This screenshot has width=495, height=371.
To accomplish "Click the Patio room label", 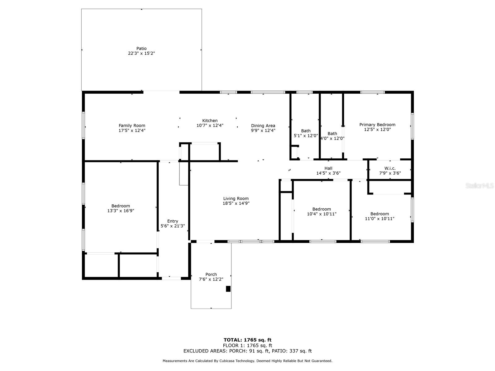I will (141, 49).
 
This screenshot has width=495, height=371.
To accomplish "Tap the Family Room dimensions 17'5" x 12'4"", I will (132, 130).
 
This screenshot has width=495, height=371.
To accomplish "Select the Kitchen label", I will (210, 121).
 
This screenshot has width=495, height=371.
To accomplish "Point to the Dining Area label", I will (263, 126).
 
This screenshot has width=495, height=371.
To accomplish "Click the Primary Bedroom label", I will (377, 125).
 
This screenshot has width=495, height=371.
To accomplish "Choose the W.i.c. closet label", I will (390, 168).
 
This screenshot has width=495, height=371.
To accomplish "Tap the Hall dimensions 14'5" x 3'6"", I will (328, 173).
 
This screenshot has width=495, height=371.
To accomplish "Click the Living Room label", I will (236, 198).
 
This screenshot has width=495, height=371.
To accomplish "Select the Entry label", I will (173, 221).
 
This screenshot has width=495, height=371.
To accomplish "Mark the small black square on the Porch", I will (228, 289).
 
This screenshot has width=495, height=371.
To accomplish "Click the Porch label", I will (211, 274).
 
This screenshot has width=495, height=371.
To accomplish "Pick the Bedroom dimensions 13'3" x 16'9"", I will (121, 211).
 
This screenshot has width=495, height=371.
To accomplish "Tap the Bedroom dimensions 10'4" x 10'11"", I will (321, 214).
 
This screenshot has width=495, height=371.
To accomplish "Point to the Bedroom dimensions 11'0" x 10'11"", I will (380, 219).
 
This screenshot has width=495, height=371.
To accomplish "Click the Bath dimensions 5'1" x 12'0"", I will (306, 136).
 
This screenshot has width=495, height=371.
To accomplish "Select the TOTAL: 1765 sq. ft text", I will (247, 340).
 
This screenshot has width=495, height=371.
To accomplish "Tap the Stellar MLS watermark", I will (480, 185).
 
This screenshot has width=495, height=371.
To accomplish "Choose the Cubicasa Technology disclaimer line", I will (247, 361).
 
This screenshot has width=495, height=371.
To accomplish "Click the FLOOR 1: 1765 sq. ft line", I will (247, 345).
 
